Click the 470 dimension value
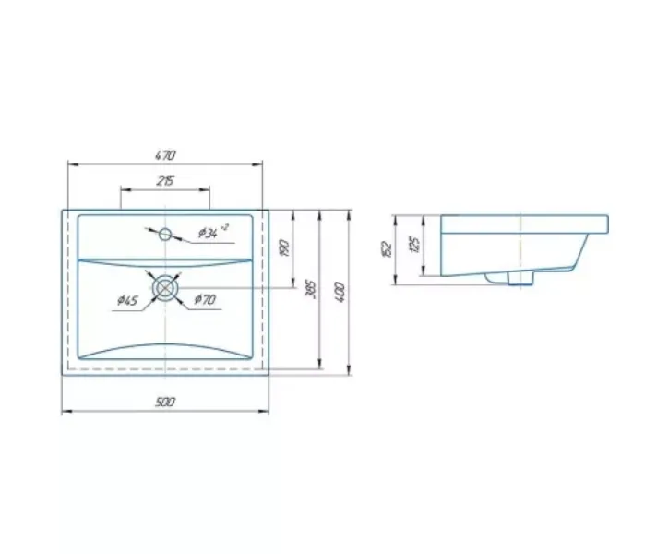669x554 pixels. [x=165, y=154]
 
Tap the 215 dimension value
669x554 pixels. [x=165, y=181]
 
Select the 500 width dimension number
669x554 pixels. [x=165, y=402]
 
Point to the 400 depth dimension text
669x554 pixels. [x=340, y=292]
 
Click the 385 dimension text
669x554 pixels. [x=311, y=289]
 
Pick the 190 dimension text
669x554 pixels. [x=285, y=247]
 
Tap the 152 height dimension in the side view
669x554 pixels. [x=387, y=248]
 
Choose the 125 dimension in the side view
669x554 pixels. [x=414, y=244]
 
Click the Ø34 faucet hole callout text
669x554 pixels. [x=213, y=232]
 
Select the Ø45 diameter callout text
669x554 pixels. [x=127, y=300]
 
